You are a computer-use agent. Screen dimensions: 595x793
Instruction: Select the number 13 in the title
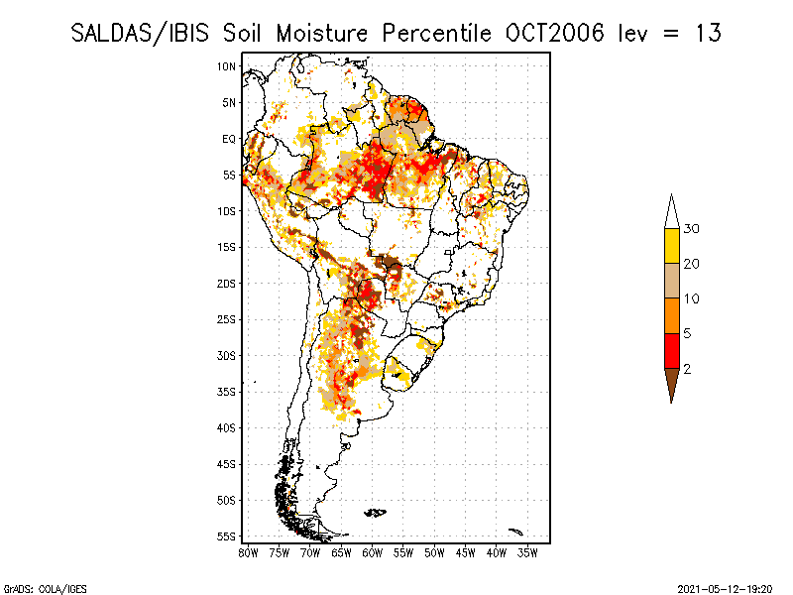(x=708, y=33)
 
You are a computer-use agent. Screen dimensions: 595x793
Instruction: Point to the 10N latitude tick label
(x=227, y=66)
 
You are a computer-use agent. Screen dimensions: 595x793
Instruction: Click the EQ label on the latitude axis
(x=229, y=139)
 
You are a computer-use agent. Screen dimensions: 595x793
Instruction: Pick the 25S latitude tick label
(x=227, y=319)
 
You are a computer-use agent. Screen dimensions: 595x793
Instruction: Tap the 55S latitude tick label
(x=227, y=536)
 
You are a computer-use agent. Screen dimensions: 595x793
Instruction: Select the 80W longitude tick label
(x=248, y=552)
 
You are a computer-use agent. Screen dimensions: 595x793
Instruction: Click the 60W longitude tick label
(x=373, y=552)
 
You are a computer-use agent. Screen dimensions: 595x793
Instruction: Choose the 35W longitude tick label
(x=528, y=552)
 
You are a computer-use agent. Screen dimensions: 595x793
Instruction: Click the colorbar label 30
(x=692, y=229)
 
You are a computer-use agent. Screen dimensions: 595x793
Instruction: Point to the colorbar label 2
(x=687, y=368)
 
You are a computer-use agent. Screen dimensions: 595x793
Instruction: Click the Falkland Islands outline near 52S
(x=375, y=512)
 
